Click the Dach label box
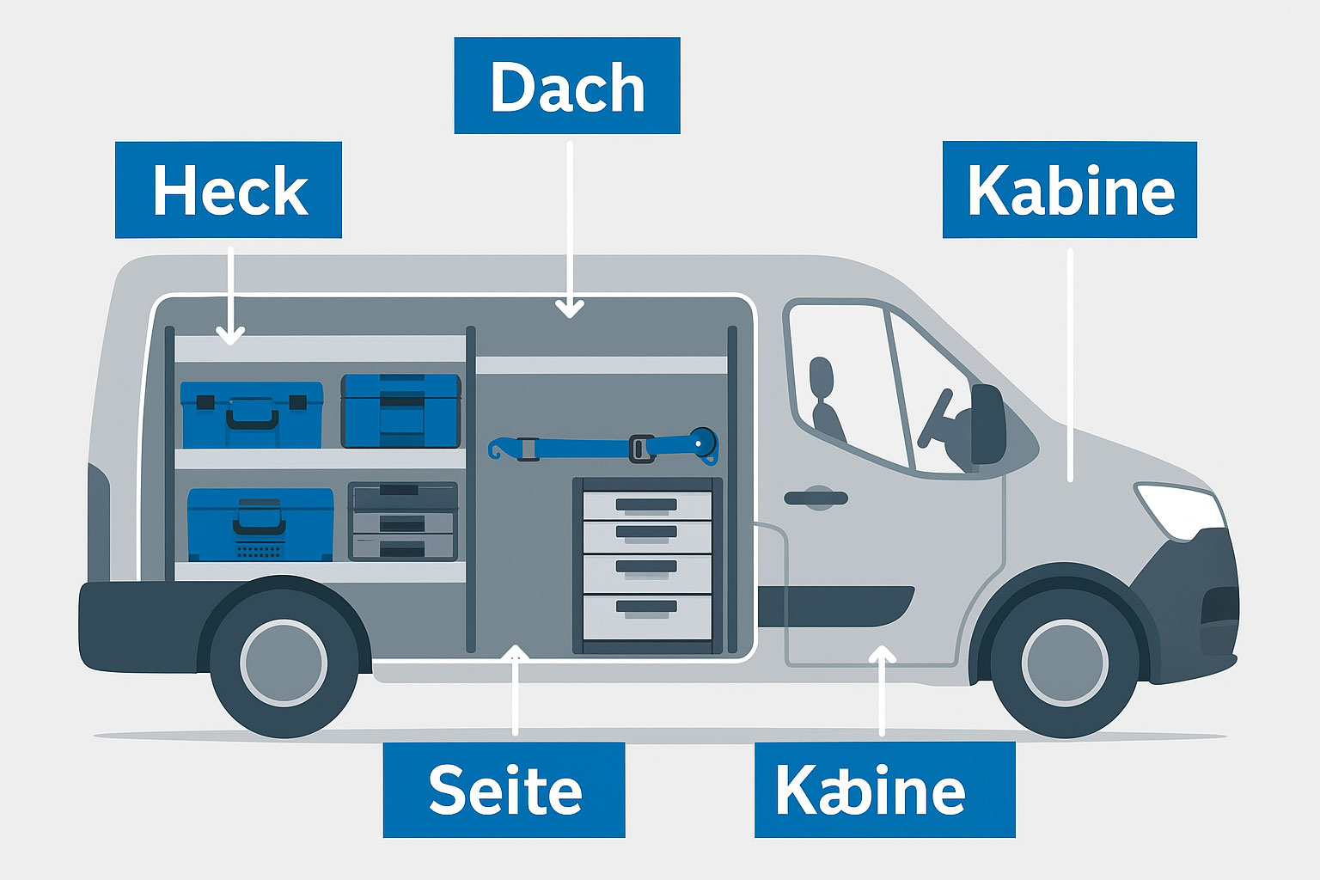coord(567,86)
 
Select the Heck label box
coord(229,190)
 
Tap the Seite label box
coord(504,790)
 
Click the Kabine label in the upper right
coord(1069,190)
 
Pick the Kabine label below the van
coord(884,790)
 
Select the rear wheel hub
coord(284,663)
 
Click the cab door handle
coord(816,498)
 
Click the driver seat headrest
coord(822,377)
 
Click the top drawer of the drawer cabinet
coord(647,504)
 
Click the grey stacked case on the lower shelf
coord(401,521)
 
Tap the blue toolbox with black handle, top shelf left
coord(252,415)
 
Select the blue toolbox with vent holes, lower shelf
coord(260,525)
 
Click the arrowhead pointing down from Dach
coord(569,309)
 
